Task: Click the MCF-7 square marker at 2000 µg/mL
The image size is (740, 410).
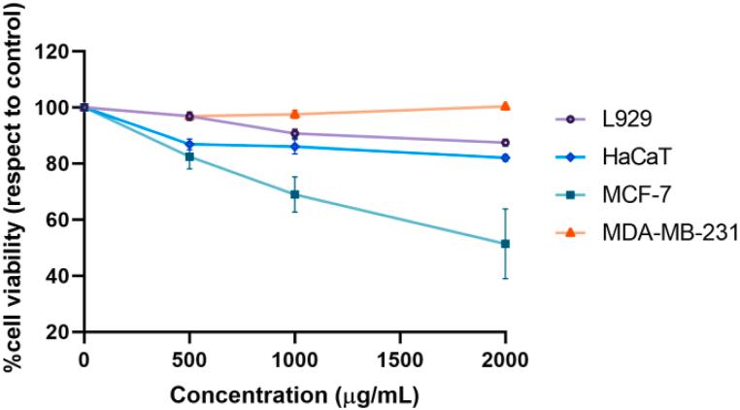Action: click(505, 244)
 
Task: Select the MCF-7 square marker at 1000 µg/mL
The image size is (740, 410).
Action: click(294, 194)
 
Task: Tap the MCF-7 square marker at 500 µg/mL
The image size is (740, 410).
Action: click(189, 156)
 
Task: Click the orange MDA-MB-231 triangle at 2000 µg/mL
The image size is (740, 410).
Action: click(505, 106)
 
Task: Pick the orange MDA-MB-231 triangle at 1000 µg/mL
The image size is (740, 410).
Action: click(294, 114)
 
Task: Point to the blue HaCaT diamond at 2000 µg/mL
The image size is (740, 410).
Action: click(505, 157)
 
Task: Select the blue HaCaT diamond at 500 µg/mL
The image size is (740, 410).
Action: click(189, 144)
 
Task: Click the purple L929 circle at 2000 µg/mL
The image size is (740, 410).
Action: click(505, 143)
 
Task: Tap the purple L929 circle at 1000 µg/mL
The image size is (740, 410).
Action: click(294, 133)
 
